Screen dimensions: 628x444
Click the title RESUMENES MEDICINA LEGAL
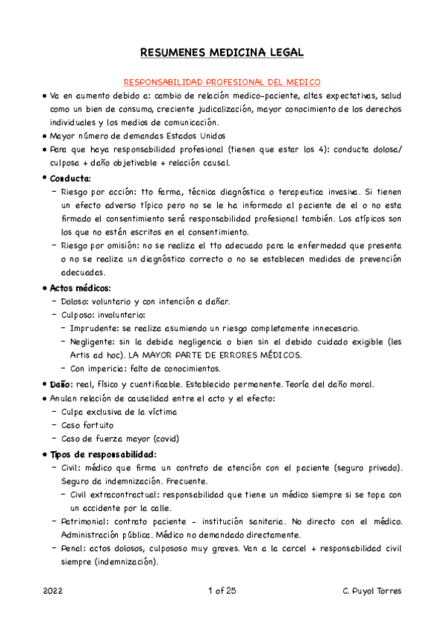(222, 53)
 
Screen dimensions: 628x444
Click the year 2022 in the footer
(53, 590)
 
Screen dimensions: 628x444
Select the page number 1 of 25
(222, 590)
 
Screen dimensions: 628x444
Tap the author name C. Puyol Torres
(363, 590)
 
